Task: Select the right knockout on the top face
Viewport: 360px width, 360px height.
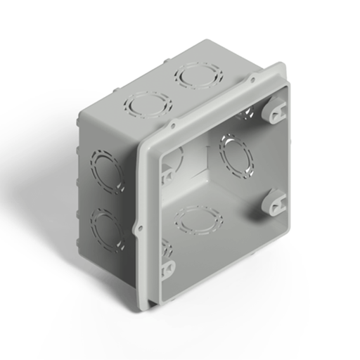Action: [x=199, y=75]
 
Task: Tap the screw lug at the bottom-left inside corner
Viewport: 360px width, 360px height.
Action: [x=168, y=268]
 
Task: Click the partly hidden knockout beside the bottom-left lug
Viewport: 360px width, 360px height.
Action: [x=167, y=247]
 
